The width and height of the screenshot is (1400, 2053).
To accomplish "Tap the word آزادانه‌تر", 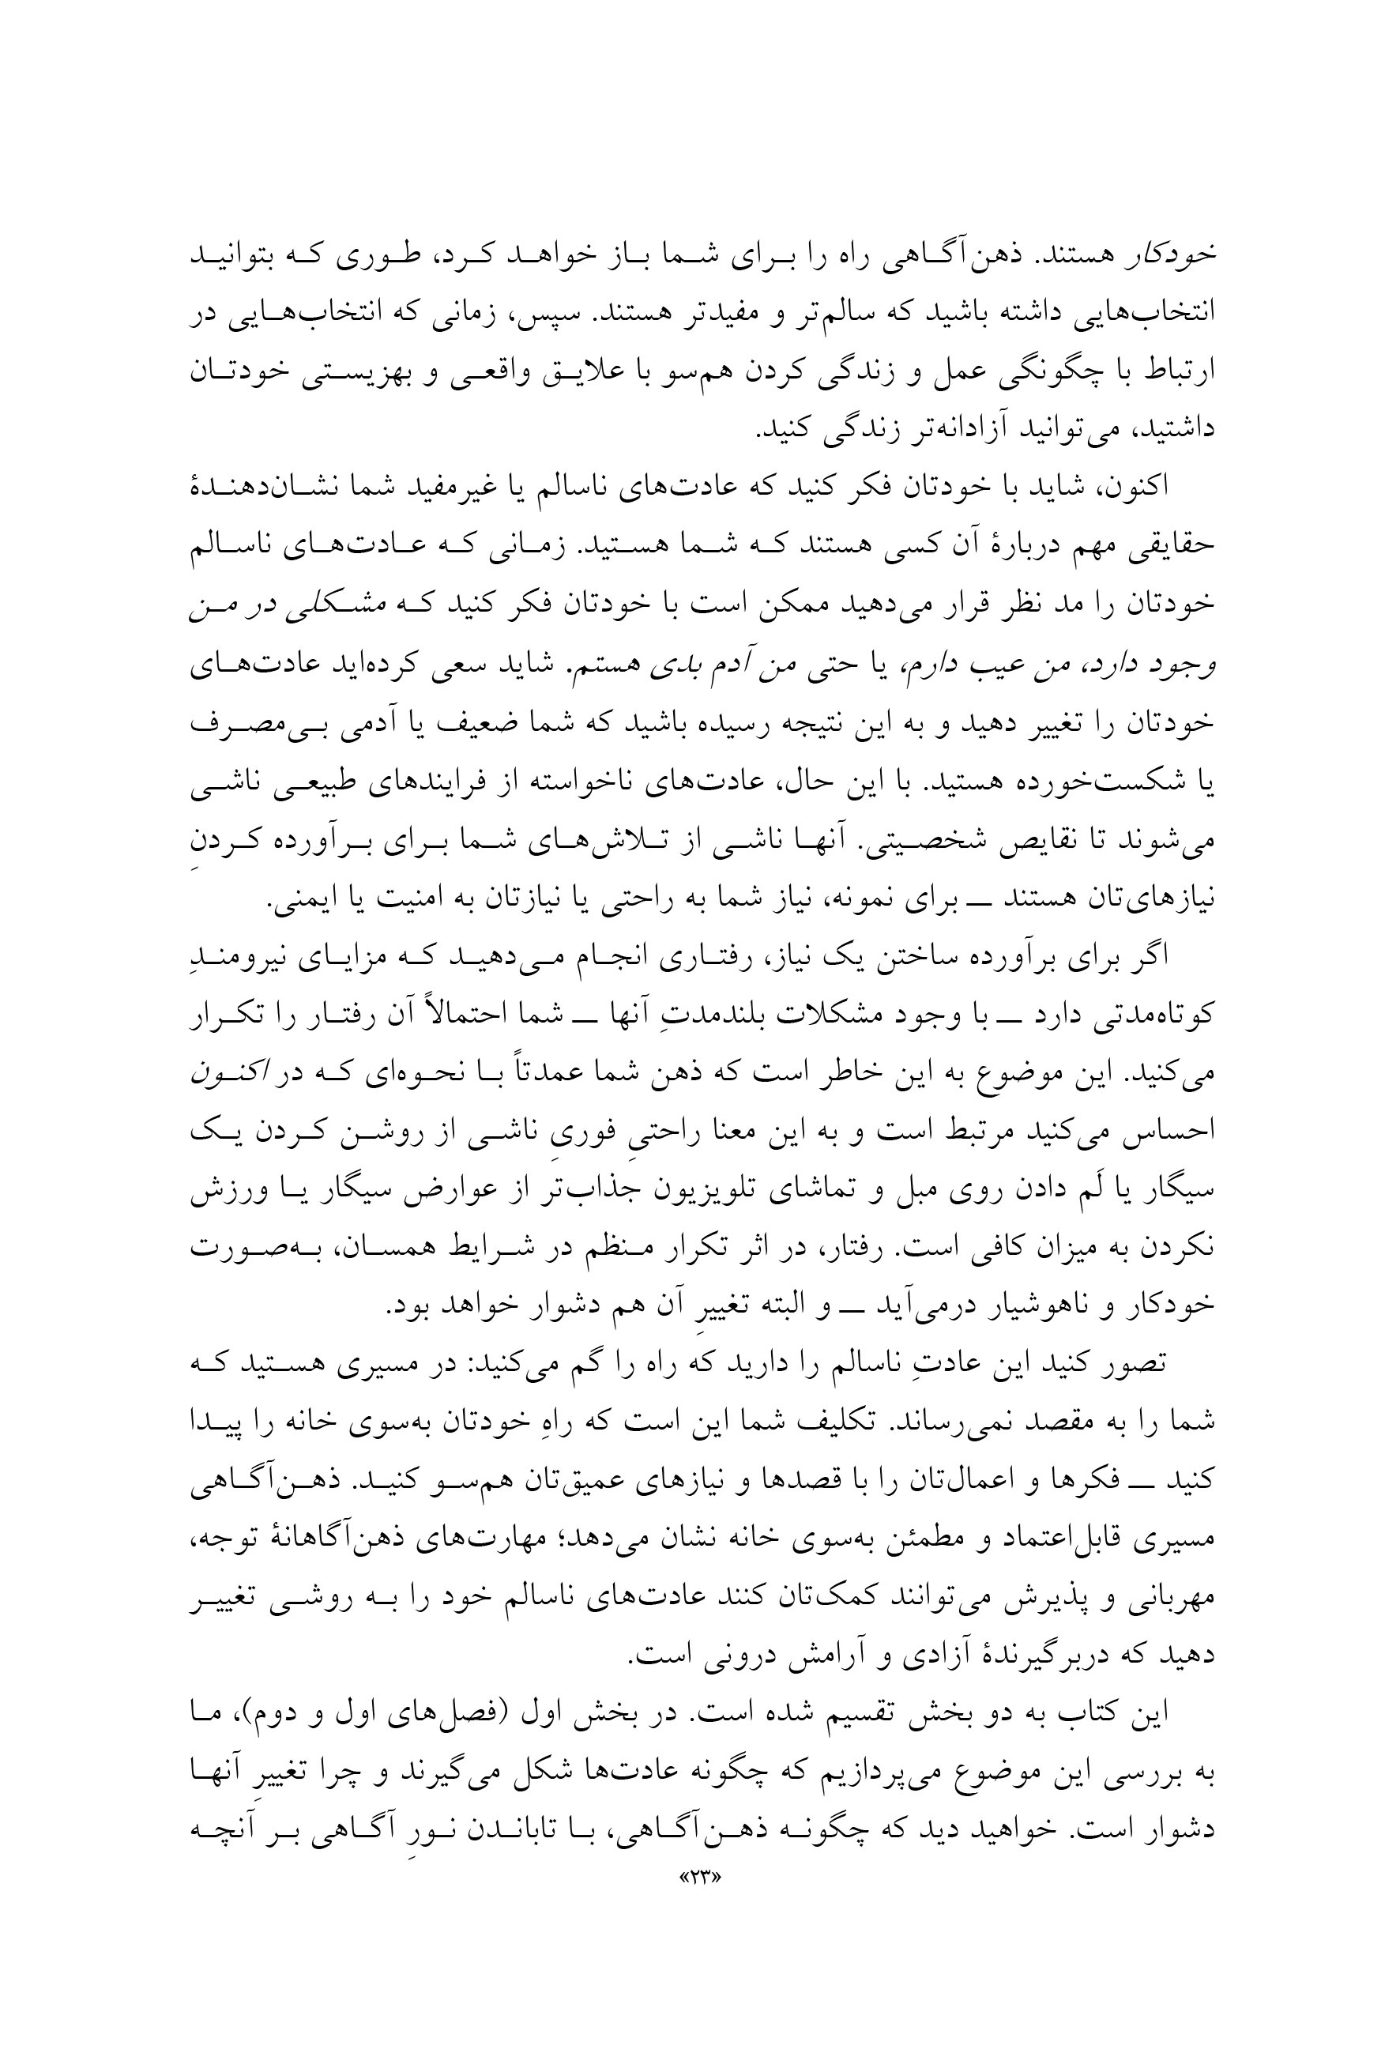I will [959, 429].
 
